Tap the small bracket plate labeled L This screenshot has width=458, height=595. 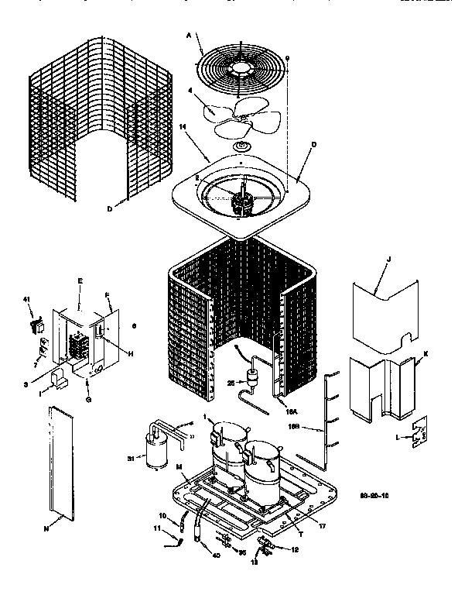[419, 435]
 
